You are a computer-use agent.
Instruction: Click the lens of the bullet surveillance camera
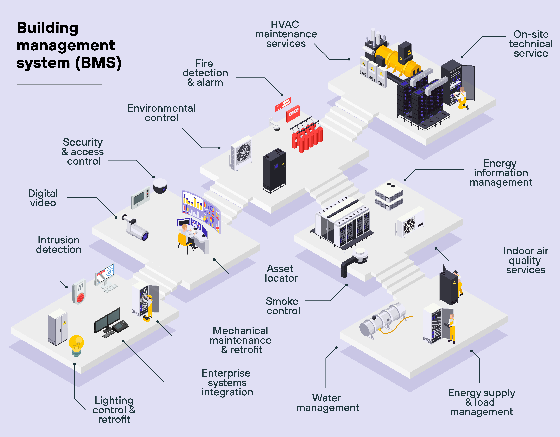(x=145, y=236)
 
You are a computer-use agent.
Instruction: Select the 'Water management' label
(x=327, y=403)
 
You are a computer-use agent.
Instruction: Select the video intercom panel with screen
(x=140, y=198)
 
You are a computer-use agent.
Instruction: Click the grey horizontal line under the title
(x=59, y=84)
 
